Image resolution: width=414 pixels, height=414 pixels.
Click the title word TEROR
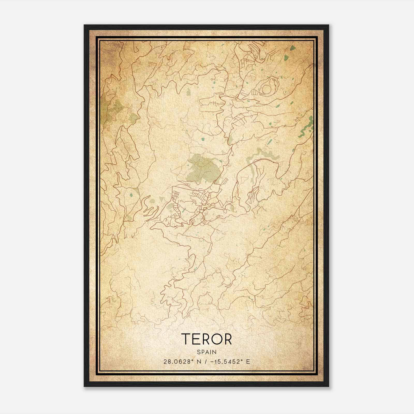(x=206, y=339)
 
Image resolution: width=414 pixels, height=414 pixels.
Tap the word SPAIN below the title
(x=207, y=352)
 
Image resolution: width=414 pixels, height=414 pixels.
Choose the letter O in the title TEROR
(x=214, y=339)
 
